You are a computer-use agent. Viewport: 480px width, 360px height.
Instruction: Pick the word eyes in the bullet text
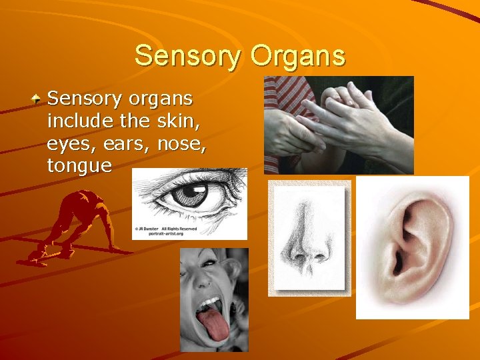pos(71,145)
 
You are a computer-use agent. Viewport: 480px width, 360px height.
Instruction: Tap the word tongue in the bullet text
pos(79,167)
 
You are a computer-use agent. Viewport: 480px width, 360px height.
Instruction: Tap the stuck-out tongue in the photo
pos(212,324)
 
